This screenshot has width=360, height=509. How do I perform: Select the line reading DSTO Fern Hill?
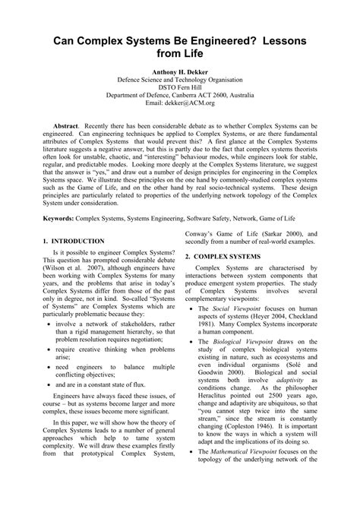coord(179,87)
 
